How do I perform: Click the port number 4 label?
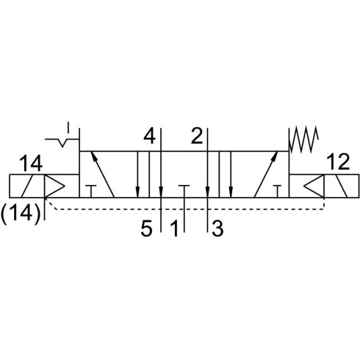pos(150,137)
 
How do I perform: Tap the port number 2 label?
pos(197,137)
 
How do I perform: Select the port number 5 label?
pos(147,228)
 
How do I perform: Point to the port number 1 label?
pos(174,228)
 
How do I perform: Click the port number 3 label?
pos(217,228)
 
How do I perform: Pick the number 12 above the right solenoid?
pos(338,162)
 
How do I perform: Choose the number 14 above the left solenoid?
pos(31,164)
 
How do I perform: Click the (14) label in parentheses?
pos(20,214)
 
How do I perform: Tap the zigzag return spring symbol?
pos(303,139)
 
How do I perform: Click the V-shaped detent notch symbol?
pos(62,143)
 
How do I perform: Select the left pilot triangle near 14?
pos(54,186)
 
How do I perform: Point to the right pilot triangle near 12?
pos(314,186)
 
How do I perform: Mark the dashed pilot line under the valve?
pos(186,209)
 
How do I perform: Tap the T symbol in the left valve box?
pos(91,192)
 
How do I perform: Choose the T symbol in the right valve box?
pos(277,192)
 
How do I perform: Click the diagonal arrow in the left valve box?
pos(103,174)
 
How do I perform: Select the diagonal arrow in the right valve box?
pos(266,174)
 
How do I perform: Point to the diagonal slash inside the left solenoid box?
pos(27,186)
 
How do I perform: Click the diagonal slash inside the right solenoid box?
pos(341,186)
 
